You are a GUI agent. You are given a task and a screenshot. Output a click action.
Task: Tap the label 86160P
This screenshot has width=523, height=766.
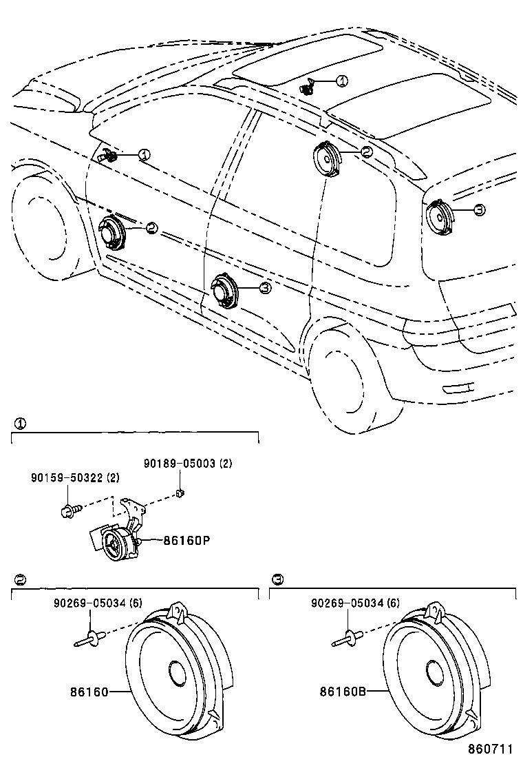click(x=186, y=541)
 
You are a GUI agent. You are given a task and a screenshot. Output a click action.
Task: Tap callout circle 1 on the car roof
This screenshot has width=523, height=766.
click(x=341, y=81)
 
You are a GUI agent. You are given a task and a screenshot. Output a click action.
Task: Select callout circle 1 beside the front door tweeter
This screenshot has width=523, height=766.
click(x=143, y=155)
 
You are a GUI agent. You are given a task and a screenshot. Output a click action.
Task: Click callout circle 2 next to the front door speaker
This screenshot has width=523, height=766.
click(x=151, y=227)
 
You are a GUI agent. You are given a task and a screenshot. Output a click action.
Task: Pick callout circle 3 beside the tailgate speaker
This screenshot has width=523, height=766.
click(x=480, y=209)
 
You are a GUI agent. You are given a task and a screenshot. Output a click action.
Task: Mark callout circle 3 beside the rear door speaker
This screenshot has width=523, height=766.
click(x=265, y=289)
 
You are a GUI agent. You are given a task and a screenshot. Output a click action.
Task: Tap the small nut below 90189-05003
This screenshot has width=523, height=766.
click(x=179, y=493)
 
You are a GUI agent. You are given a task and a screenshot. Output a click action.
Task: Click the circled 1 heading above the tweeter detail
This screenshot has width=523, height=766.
click(x=21, y=424)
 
